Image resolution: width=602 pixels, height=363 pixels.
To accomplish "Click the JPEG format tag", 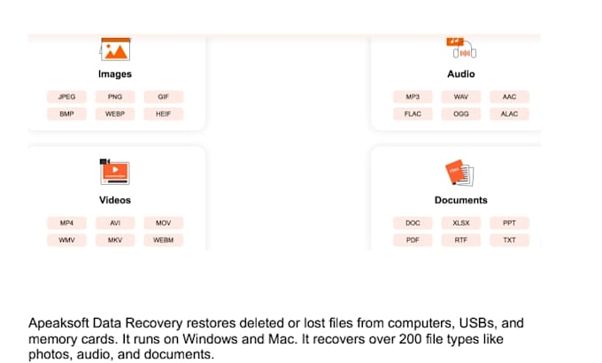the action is pyautogui.click(x=66, y=97).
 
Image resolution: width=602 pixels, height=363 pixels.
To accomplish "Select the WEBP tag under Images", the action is pyautogui.click(x=115, y=114).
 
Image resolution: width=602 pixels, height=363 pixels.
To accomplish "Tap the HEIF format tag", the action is pyautogui.click(x=164, y=114).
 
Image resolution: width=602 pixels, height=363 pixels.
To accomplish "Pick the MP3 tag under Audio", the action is pyautogui.click(x=413, y=97).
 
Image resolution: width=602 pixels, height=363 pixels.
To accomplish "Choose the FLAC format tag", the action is pyautogui.click(x=413, y=114).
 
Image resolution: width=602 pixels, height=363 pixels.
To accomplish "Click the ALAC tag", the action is pyautogui.click(x=509, y=114).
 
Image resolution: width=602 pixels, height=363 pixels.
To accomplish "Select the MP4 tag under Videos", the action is pyautogui.click(x=66, y=223).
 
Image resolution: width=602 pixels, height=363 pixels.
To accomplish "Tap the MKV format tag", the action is pyautogui.click(x=115, y=240).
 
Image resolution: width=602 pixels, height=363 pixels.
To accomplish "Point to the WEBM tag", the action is pyautogui.click(x=164, y=240).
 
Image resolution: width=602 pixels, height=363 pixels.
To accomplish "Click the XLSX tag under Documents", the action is pyautogui.click(x=461, y=223).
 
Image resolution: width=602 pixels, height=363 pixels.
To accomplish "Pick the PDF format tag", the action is pyautogui.click(x=413, y=240).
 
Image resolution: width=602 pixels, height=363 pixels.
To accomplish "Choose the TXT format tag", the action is pyautogui.click(x=509, y=240).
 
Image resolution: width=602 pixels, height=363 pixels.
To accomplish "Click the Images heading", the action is pyautogui.click(x=115, y=74).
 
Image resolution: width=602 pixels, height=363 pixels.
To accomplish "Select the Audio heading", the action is pyautogui.click(x=461, y=74).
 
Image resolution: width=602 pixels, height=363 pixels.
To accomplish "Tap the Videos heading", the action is pyautogui.click(x=115, y=200).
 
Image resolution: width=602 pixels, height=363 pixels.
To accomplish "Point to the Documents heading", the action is pyautogui.click(x=461, y=200).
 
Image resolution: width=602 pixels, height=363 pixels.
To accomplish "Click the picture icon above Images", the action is pyautogui.click(x=115, y=50).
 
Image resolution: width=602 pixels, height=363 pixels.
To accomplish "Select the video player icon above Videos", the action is pyautogui.click(x=115, y=172).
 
